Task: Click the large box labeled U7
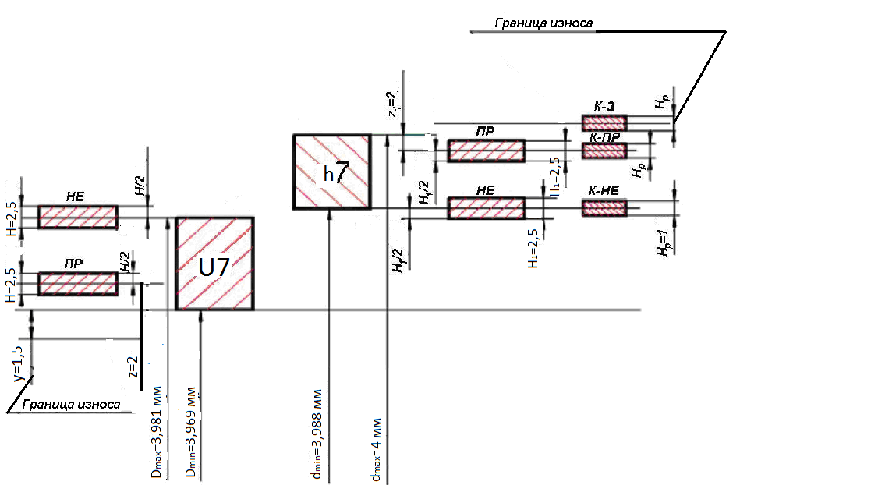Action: pos(214,264)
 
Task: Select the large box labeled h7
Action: pos(331,172)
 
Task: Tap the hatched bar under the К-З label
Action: pos(604,122)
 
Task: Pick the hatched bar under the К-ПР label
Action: pos(604,151)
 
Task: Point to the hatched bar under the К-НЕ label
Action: pos(604,207)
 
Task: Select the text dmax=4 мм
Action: pos(376,452)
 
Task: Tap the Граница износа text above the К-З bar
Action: pos(543,23)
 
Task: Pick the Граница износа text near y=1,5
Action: pos(71,405)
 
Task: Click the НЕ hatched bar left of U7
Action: pos(78,218)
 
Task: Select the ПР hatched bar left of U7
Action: pos(78,283)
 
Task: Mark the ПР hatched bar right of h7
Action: pos(486,150)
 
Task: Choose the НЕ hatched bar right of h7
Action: pos(486,208)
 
